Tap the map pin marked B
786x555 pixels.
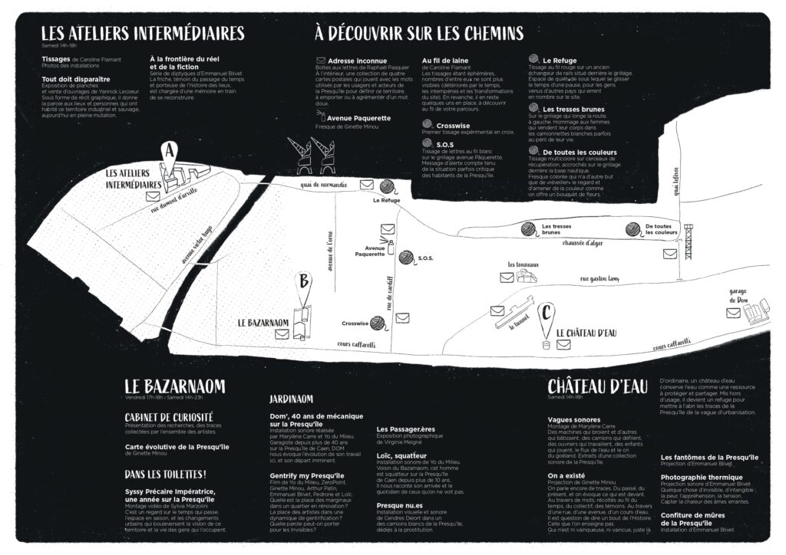coord(304,281)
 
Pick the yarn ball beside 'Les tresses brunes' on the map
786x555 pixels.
coord(528,228)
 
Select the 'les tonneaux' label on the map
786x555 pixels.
coord(521,264)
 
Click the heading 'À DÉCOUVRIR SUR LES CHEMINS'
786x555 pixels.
coord(419,33)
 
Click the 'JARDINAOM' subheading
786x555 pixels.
coord(291,399)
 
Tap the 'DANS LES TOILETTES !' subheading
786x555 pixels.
coord(166,475)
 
